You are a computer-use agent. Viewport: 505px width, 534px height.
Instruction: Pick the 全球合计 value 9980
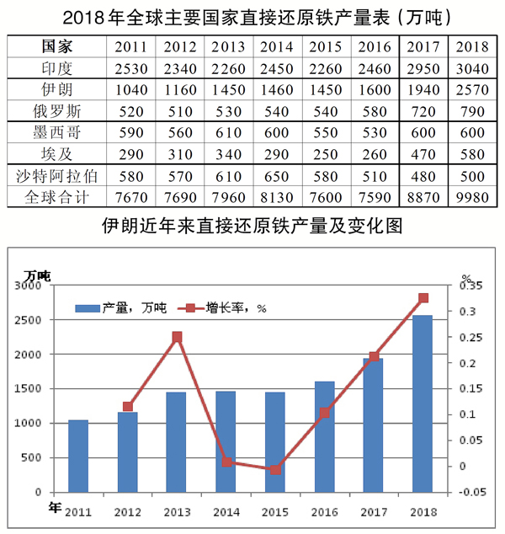[471, 196]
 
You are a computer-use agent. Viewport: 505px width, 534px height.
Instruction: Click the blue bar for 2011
[78, 456]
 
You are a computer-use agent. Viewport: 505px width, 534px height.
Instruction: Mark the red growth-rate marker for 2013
[177, 338]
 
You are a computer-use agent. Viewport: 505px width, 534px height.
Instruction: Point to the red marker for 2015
[275, 469]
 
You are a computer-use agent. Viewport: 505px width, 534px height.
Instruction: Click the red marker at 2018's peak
[423, 298]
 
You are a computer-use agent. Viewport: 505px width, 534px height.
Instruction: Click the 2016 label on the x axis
[325, 511]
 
